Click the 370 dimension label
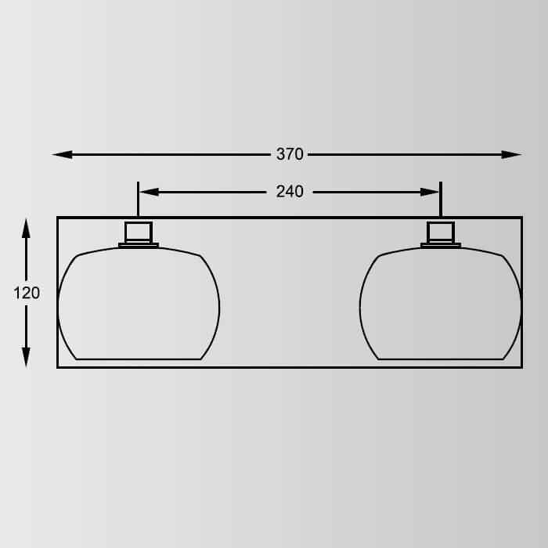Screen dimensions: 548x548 tap(290, 154)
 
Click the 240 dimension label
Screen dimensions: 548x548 tap(290, 192)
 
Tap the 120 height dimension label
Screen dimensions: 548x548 tap(27, 293)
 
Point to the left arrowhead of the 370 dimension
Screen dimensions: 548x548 tap(62, 154)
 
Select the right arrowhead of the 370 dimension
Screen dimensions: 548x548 tap(511, 154)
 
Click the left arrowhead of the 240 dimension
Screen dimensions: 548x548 tap(150, 192)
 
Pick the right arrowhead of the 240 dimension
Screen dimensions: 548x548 tap(429, 192)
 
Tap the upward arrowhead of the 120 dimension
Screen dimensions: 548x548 tap(26, 228)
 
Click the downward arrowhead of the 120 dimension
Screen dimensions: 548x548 tap(26, 358)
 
